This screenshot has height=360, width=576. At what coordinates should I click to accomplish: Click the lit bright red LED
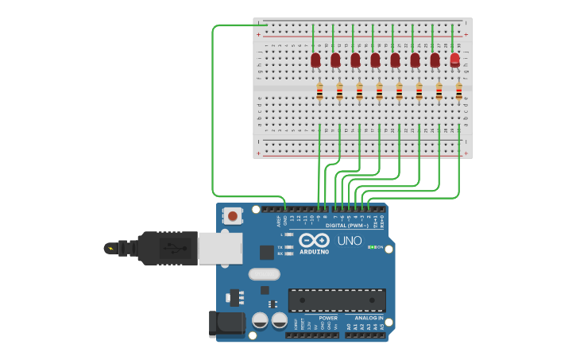click(454, 60)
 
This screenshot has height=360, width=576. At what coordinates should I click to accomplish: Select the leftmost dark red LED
click(315, 60)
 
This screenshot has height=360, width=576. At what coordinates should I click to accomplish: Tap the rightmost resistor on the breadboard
click(458, 92)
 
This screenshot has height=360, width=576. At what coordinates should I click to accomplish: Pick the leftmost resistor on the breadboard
click(319, 92)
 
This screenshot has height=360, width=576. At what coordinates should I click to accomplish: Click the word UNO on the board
click(350, 241)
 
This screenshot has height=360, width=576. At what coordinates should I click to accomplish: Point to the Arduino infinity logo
click(315, 241)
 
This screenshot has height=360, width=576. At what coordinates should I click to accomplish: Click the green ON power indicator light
click(370, 247)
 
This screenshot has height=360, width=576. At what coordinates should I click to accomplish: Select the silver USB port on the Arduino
click(219, 248)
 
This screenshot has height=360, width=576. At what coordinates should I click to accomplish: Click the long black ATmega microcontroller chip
click(337, 300)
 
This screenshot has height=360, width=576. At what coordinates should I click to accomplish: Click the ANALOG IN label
click(364, 318)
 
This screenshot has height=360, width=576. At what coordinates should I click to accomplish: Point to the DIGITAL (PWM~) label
click(346, 226)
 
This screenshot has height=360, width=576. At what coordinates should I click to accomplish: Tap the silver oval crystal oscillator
click(264, 274)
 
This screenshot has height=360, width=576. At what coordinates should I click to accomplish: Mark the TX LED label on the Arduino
click(280, 247)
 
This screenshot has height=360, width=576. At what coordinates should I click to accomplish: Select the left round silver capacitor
click(260, 320)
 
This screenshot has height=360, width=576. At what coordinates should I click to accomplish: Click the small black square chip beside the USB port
click(267, 252)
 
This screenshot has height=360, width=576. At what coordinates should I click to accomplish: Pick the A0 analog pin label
click(348, 326)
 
